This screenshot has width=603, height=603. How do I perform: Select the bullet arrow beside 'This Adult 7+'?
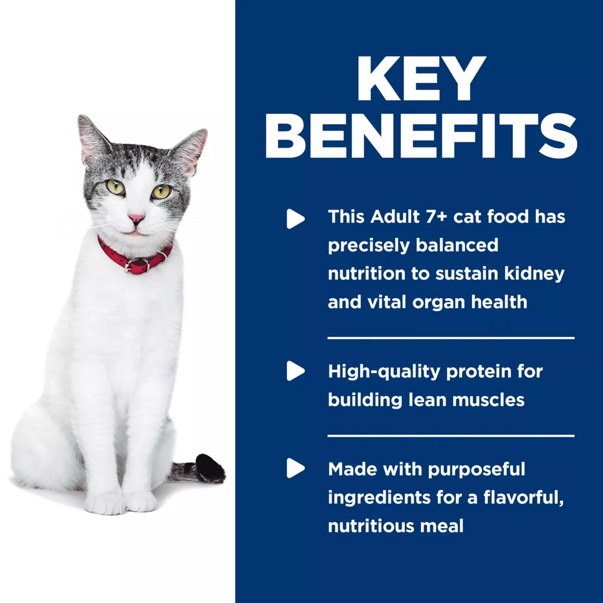pos(295,219)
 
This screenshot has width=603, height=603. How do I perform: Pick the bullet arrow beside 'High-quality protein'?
pos(295,371)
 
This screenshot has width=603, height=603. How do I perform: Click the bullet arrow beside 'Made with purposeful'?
pos(295,468)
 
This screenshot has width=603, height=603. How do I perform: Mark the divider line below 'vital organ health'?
pos(451,338)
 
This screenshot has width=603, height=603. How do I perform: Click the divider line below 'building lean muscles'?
pos(451,435)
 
